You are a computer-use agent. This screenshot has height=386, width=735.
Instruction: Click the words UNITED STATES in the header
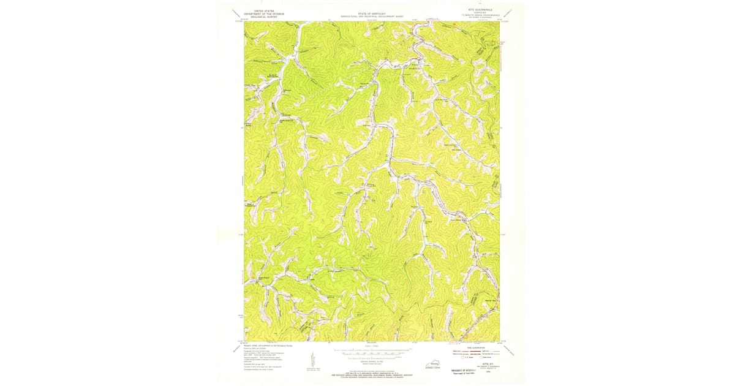click(x=260, y=10)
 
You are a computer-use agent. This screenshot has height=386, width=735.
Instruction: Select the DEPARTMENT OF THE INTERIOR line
click(x=260, y=13)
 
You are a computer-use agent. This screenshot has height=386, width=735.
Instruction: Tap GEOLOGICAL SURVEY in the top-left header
click(x=260, y=17)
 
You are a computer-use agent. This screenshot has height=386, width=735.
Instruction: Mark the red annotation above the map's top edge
click(x=434, y=20)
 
